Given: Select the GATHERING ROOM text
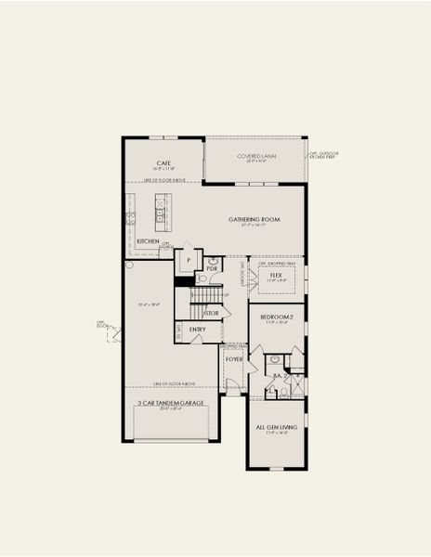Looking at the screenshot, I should coord(255,220).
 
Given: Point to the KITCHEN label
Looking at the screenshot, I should coord(148,241).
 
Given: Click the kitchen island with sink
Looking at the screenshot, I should coord(160,213).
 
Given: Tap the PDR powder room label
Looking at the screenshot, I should coord(212,268).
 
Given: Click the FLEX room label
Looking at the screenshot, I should coord(276,276).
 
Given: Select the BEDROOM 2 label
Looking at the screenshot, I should coord(276,317).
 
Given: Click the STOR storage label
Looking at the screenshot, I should coord(211,314).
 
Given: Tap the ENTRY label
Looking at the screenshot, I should coord(198,329).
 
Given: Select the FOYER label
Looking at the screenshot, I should coord(234,358).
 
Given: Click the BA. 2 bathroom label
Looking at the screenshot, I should coord(276,375).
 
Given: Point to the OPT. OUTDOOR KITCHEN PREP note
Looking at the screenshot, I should coord(322,156).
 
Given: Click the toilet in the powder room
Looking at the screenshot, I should coord(202,278).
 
